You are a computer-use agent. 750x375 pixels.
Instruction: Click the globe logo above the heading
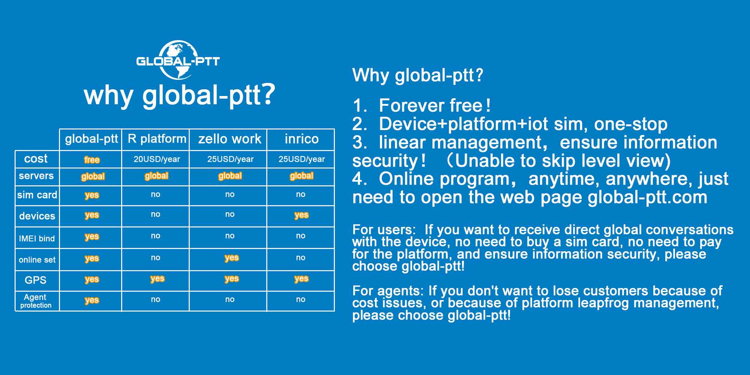178,60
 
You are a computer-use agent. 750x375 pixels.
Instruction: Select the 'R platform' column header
157,139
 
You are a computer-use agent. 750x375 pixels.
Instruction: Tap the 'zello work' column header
229,139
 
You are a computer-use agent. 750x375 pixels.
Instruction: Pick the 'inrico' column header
301,139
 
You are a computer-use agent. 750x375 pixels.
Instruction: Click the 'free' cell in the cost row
92,160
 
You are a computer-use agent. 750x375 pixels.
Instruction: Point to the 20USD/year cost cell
157,159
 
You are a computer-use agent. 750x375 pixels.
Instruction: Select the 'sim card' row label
37,195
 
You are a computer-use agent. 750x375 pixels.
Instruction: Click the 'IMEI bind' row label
37,238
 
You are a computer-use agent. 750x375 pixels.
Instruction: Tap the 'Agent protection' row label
36,301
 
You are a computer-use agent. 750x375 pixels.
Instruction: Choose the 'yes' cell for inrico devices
301,215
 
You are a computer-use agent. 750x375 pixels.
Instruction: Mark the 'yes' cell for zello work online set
232,258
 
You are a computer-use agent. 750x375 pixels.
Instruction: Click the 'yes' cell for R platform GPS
157,279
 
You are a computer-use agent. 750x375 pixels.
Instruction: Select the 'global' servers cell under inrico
301,175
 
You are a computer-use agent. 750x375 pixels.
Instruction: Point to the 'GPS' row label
36,280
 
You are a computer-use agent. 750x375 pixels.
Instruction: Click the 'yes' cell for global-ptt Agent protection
92,300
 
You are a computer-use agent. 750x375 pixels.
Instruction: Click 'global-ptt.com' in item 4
647,197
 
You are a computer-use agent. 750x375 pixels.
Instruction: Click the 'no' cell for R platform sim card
156,194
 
